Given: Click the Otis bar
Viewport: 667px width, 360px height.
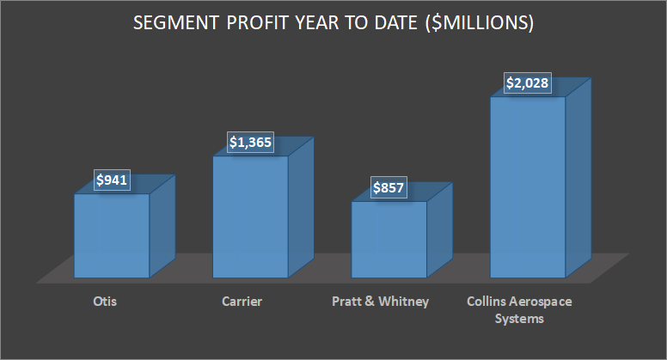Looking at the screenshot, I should [x=112, y=235].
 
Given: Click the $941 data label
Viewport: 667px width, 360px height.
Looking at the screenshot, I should [x=112, y=181].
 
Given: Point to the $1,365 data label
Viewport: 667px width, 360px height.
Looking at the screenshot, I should [x=250, y=143].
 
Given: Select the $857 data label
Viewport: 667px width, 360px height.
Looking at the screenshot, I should [x=389, y=189].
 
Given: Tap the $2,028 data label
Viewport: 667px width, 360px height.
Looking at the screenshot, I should [x=527, y=84].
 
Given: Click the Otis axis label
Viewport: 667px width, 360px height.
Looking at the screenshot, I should [x=106, y=302].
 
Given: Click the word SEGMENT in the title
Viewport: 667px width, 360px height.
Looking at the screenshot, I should [x=174, y=24].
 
